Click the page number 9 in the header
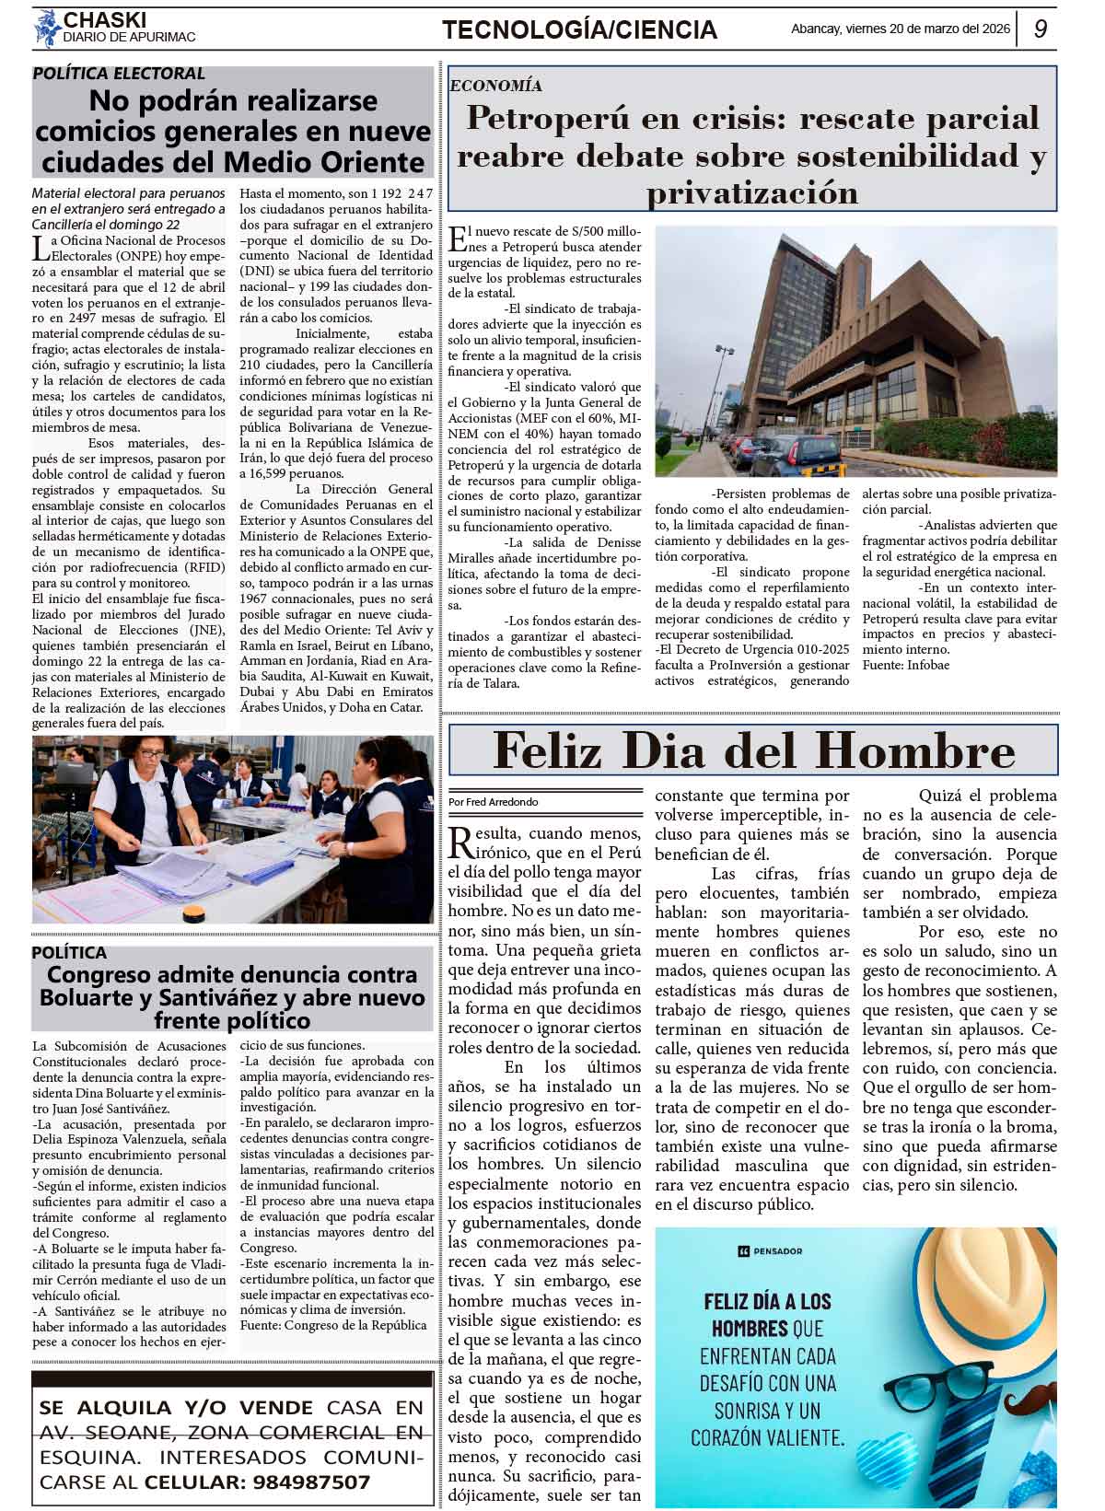1040,29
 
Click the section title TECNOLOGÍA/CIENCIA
579,30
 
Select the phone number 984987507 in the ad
308,1482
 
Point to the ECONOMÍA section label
496,86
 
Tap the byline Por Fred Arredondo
494,802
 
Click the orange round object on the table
194,912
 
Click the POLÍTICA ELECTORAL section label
119,74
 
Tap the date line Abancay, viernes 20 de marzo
901,29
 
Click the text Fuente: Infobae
906,665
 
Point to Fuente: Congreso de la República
333,1325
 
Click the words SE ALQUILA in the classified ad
106,1408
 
